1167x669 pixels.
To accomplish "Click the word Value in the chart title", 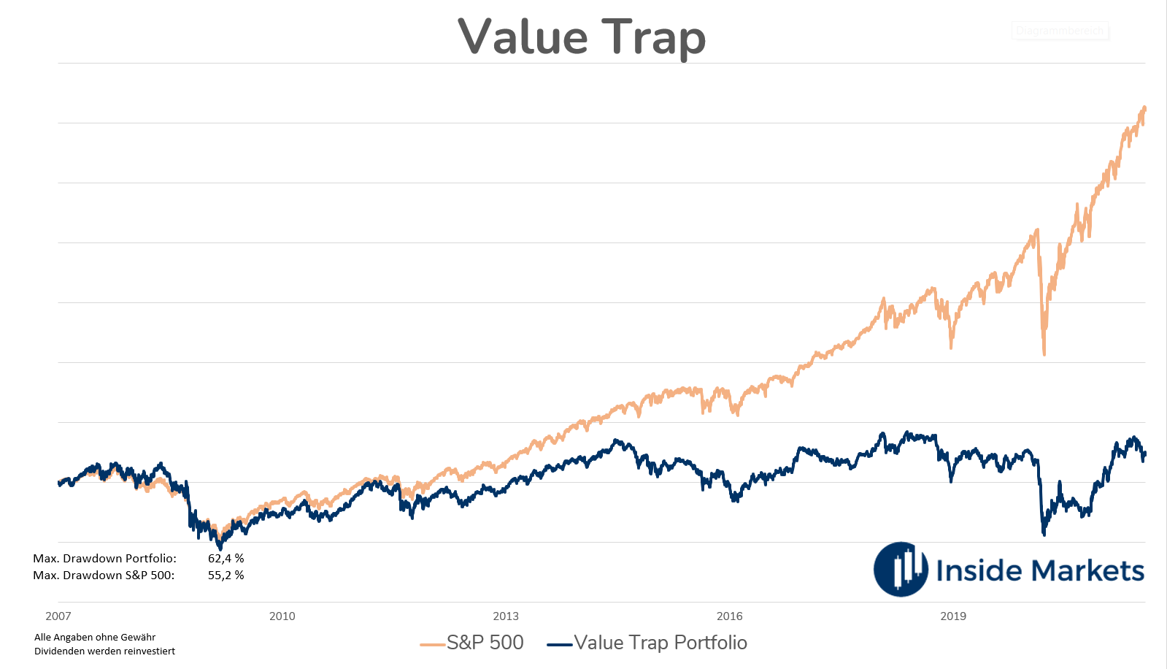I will (x=523, y=37).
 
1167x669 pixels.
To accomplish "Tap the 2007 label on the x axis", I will (x=58, y=616).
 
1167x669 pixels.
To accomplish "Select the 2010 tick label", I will (x=282, y=616).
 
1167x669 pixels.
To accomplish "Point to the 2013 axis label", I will (x=506, y=616).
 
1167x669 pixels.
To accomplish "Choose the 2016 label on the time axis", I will (x=730, y=616).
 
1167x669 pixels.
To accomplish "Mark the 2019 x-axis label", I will (x=953, y=616).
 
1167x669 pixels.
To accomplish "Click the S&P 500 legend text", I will (x=485, y=643).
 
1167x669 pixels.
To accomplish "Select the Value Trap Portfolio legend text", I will (x=660, y=643).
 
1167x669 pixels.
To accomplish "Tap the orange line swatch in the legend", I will (x=433, y=644).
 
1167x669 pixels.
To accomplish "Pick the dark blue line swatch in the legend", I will (x=560, y=644).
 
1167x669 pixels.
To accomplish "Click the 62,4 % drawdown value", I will (x=226, y=559).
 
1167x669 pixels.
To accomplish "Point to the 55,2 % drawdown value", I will (x=226, y=576).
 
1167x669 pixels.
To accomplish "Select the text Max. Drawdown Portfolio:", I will (x=104, y=559).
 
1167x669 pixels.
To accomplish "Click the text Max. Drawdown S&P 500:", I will (x=104, y=576).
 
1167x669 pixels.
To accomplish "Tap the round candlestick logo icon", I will (x=901, y=570).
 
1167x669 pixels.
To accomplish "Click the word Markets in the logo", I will (x=1087, y=570).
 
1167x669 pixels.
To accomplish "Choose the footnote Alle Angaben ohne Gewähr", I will (x=95, y=638).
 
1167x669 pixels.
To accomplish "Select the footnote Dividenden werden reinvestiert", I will (x=104, y=651).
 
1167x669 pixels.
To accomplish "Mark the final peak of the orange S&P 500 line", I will (x=1144, y=108).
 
